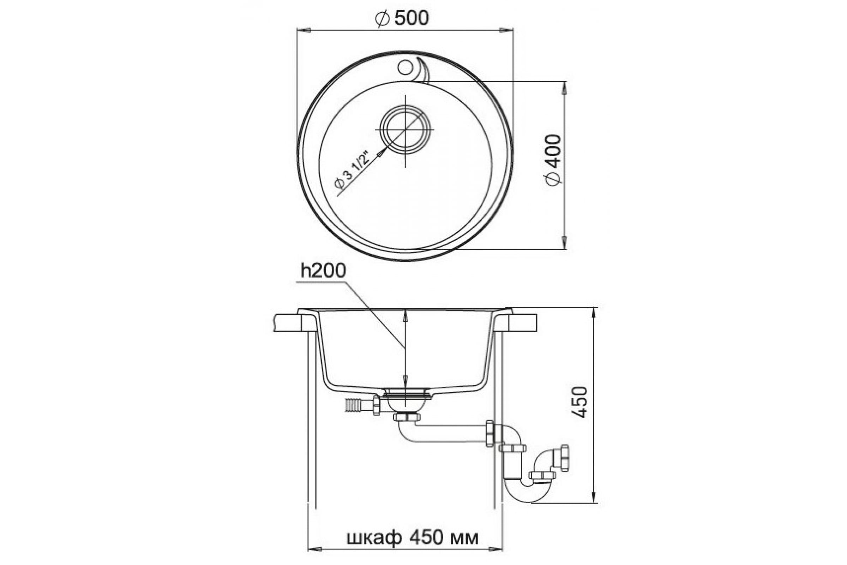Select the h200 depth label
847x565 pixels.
[x=323, y=270]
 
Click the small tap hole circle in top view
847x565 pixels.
[x=405, y=67]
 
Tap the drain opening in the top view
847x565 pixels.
[x=405, y=130]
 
